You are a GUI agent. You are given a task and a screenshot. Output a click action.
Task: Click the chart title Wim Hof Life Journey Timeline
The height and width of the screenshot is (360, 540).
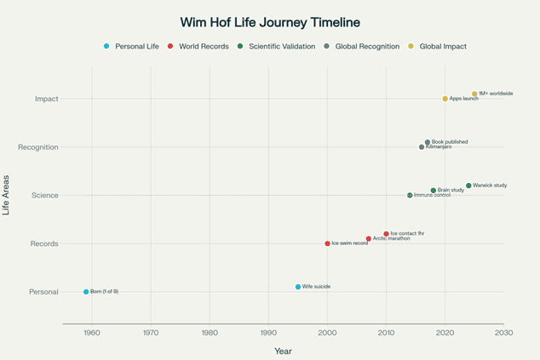pos(270,22)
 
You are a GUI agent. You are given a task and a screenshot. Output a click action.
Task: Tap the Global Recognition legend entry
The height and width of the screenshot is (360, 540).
pos(361,46)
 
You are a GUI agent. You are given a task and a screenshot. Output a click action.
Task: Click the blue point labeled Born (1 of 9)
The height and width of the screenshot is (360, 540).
pos(86,292)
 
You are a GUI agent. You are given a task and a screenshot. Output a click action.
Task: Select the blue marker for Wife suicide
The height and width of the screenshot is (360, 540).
pos(298,287)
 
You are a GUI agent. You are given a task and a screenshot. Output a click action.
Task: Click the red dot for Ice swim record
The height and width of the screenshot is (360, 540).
pos(327,243)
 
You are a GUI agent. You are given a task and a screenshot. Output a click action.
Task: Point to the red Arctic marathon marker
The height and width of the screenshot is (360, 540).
pos(369,239)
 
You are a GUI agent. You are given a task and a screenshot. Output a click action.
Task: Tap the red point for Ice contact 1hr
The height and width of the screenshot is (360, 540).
pos(386,234)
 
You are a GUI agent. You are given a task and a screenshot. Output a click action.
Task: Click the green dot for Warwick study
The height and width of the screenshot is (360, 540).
pos(468,186)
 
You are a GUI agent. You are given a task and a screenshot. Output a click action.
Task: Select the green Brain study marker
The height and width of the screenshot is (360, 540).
pos(434,191)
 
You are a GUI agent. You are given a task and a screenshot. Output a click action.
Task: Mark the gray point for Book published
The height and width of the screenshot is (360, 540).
pos(428,142)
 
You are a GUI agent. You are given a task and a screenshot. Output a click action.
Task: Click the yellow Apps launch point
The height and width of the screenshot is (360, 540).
pos(445,99)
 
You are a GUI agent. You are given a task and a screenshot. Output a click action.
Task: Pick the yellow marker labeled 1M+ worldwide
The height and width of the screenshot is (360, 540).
pos(474,94)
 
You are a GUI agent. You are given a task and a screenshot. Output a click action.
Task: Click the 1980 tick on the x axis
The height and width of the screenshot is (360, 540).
pos(210,333)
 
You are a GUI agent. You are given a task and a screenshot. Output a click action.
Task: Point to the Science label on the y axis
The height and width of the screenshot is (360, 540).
pos(44,196)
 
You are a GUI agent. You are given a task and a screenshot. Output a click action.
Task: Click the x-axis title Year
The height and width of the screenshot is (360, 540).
pos(283,351)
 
